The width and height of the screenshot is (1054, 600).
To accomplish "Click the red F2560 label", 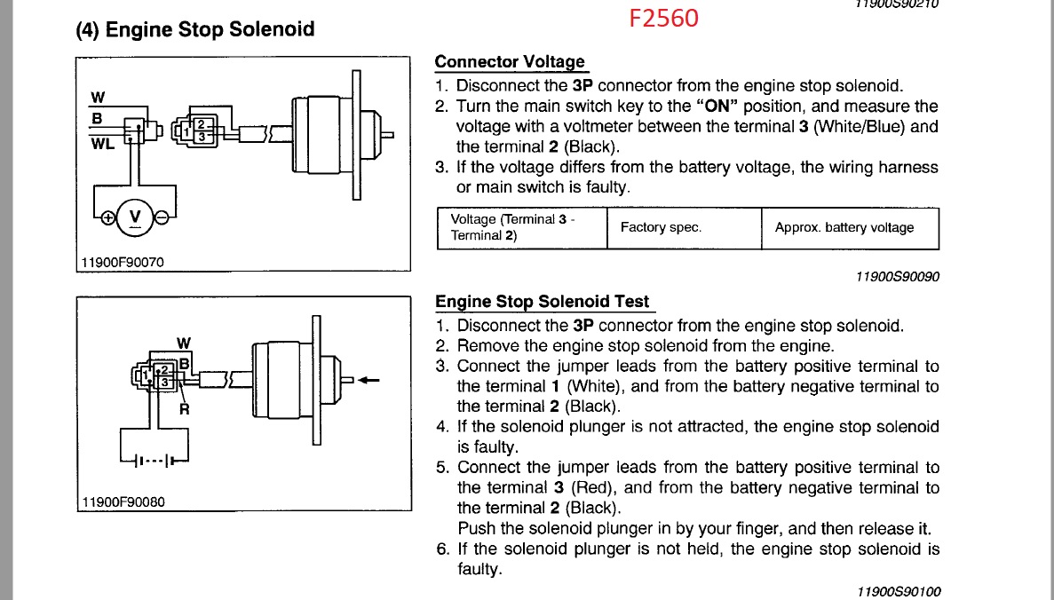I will coord(664,17).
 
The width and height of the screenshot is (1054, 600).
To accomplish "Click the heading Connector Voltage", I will coord(510,62).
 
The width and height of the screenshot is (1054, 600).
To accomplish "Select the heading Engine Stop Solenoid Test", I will coord(542,302).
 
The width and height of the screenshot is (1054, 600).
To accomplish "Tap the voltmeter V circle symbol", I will coord(135,216).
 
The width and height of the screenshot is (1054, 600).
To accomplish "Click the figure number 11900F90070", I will coord(123,262).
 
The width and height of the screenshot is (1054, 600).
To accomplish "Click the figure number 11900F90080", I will coord(123,501).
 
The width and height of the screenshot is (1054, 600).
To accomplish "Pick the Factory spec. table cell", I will coord(661,227).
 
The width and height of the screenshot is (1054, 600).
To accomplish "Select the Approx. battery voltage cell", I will coord(844,227).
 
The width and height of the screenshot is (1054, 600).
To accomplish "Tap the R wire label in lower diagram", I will coord(185,409).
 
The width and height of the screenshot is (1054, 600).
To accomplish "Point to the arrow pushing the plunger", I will coord(369,381).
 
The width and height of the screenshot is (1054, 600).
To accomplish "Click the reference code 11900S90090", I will coord(897,277).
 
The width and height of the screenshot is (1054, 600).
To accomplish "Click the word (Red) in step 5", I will coord(590,487).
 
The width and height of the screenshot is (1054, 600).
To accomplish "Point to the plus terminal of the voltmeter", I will coord(108,217).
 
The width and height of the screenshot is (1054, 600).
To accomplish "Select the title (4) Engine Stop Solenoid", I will coord(195,29).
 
